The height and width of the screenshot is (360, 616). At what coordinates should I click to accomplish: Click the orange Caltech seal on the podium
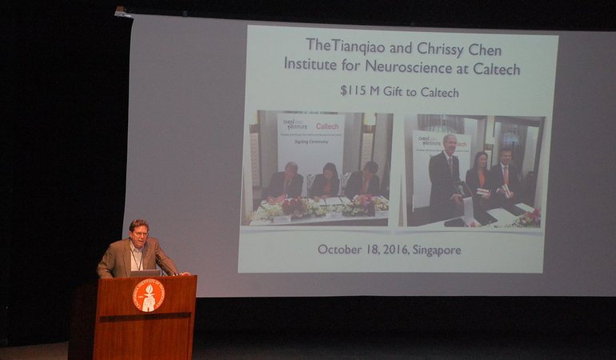pyautogui.click(x=148, y=294)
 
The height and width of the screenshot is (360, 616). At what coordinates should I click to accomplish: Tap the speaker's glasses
pyautogui.click(x=139, y=231)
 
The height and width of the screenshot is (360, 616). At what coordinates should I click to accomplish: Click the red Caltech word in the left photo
pyautogui.click(x=327, y=126)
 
